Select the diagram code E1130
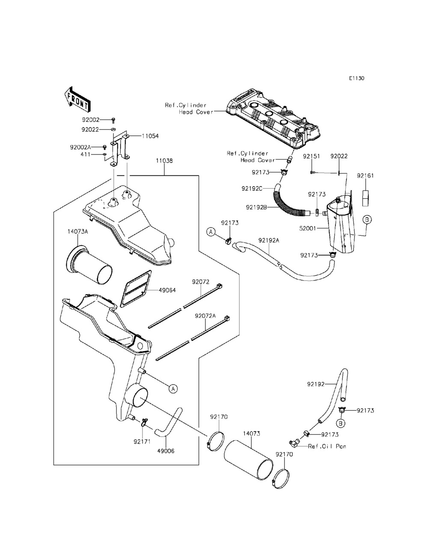pyautogui.click(x=356, y=78)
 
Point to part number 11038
pyautogui.click(x=164, y=161)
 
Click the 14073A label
pyautogui.click(x=77, y=231)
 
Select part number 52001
pyautogui.click(x=320, y=228)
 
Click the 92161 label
pyautogui.click(x=365, y=175)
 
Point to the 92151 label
pyautogui.click(x=312, y=157)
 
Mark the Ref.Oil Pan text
pyautogui.click(x=327, y=446)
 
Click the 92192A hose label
pyautogui.click(x=269, y=240)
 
